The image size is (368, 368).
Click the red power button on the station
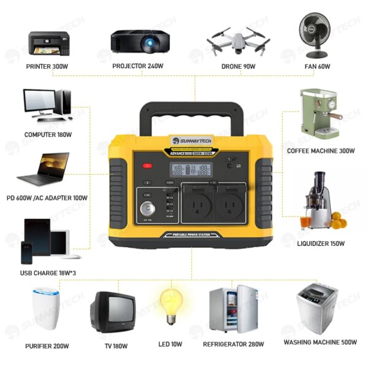click(x=147, y=166)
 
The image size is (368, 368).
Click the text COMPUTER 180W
click(x=48, y=134)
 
